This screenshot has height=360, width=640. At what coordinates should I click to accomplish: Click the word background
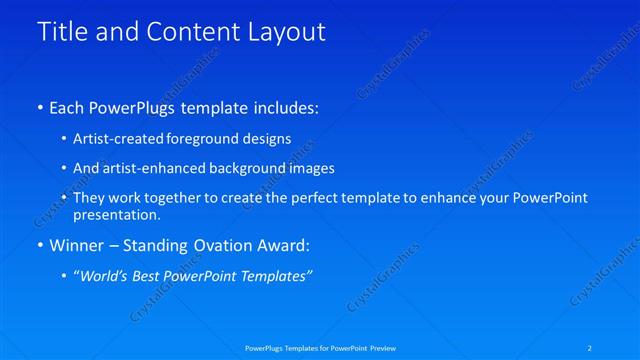(x=249, y=168)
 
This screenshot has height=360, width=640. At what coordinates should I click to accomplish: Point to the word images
(x=310, y=168)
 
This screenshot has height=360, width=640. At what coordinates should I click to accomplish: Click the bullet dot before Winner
(x=39, y=246)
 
